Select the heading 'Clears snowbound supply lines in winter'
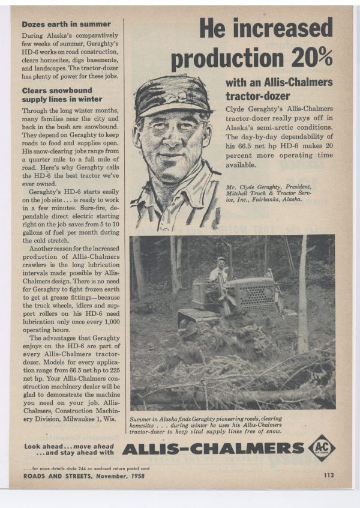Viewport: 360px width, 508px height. (62, 95)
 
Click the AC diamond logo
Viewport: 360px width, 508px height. (322, 447)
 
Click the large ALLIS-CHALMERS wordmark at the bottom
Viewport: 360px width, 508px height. (212, 448)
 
